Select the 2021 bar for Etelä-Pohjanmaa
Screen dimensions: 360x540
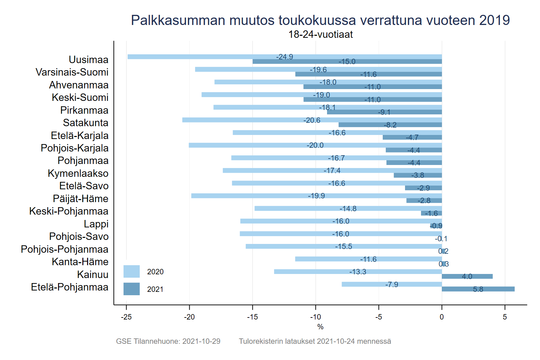(478, 289)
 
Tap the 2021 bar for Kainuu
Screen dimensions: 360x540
(467, 276)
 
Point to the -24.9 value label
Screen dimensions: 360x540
(285, 57)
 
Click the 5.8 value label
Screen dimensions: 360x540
(478, 289)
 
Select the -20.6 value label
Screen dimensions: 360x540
(312, 120)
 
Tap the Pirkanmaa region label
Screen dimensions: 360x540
(84, 110)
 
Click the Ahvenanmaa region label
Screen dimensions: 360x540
(79, 85)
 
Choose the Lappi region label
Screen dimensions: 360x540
(96, 224)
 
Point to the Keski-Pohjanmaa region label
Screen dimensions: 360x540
(69, 211)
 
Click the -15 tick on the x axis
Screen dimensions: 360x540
(252, 317)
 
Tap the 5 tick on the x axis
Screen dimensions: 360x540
(505, 317)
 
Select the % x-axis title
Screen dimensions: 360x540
(320, 327)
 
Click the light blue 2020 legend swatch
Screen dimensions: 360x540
(132, 272)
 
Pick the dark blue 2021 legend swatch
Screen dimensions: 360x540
(132, 289)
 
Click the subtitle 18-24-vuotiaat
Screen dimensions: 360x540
(320, 34)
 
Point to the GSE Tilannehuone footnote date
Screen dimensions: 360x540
(201, 341)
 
